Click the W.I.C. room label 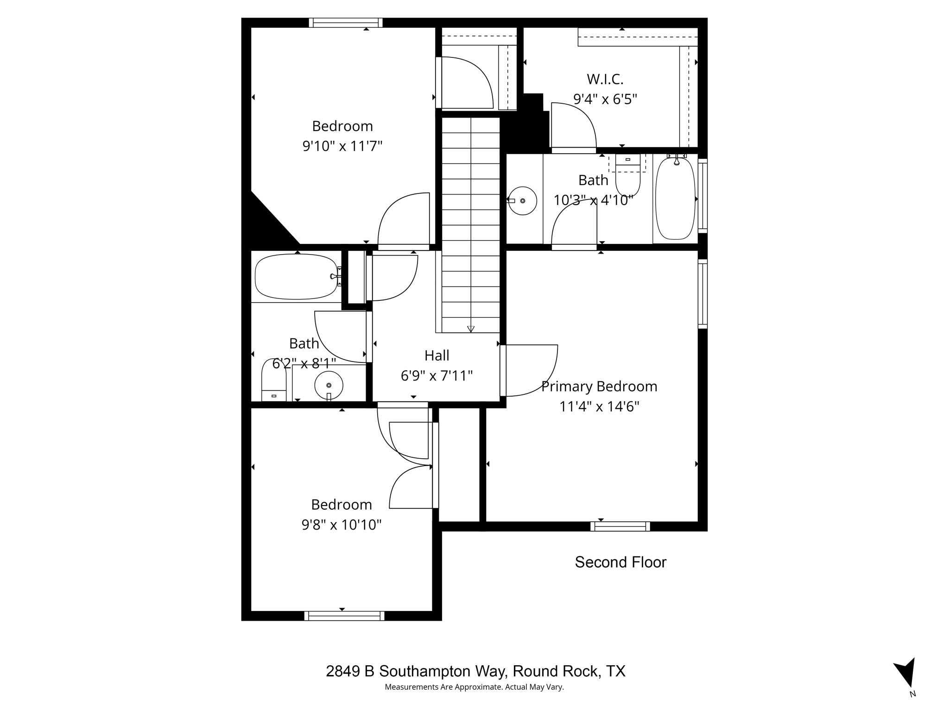[x=605, y=79]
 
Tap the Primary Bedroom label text [x=599, y=387]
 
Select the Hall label [x=437, y=355]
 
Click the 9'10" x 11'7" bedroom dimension [x=342, y=146]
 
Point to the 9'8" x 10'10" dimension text [x=342, y=524]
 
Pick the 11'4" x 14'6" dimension [x=599, y=407]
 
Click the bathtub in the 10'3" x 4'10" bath [x=676, y=198]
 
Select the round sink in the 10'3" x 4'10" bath [x=522, y=201]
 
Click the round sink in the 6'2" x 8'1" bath [x=329, y=385]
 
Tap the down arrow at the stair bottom [x=471, y=329]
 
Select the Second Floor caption [x=620, y=562]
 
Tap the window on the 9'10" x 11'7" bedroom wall [x=346, y=23]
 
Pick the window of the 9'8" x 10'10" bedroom [x=344, y=616]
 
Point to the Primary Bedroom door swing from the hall [x=533, y=370]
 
